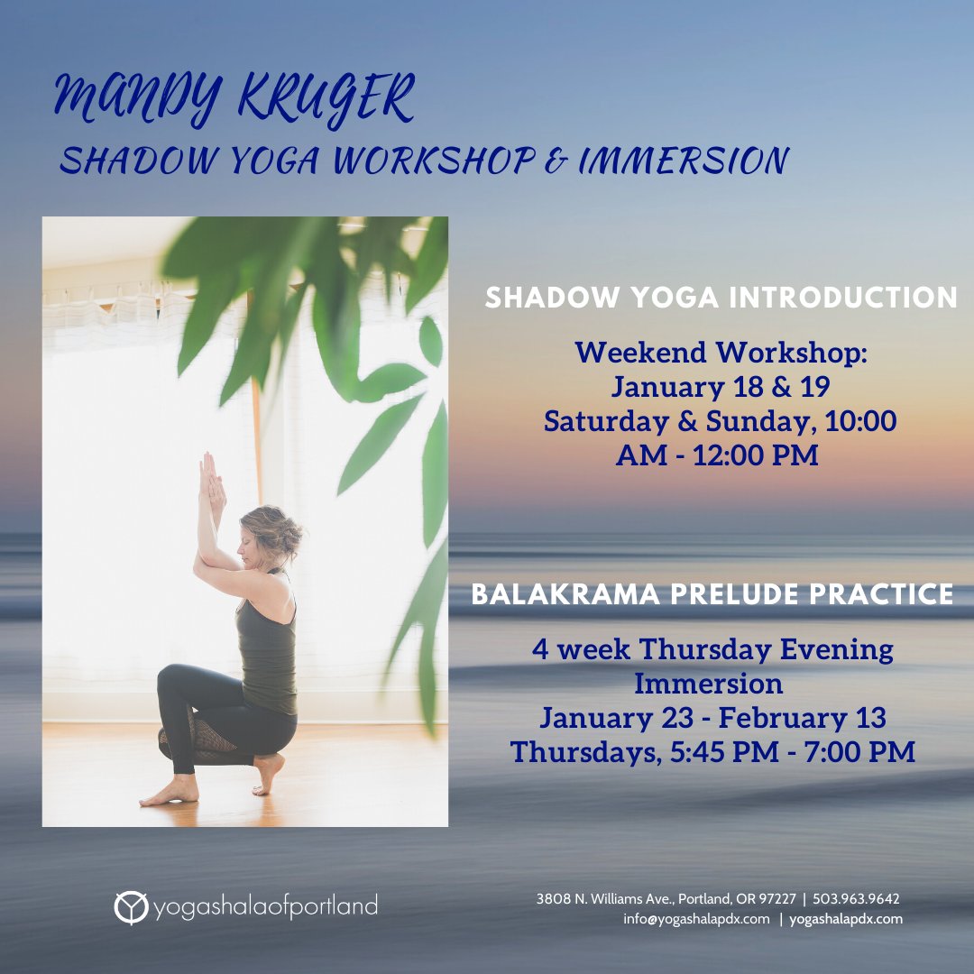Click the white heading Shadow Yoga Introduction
tap(721, 298)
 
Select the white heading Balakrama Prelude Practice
tap(712, 593)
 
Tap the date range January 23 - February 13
tap(712, 718)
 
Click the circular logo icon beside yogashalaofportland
tap(130, 907)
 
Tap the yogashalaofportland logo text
tap(265, 906)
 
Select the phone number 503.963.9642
tap(856, 899)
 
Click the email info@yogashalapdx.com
tap(696, 919)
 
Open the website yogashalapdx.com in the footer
tap(846, 919)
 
